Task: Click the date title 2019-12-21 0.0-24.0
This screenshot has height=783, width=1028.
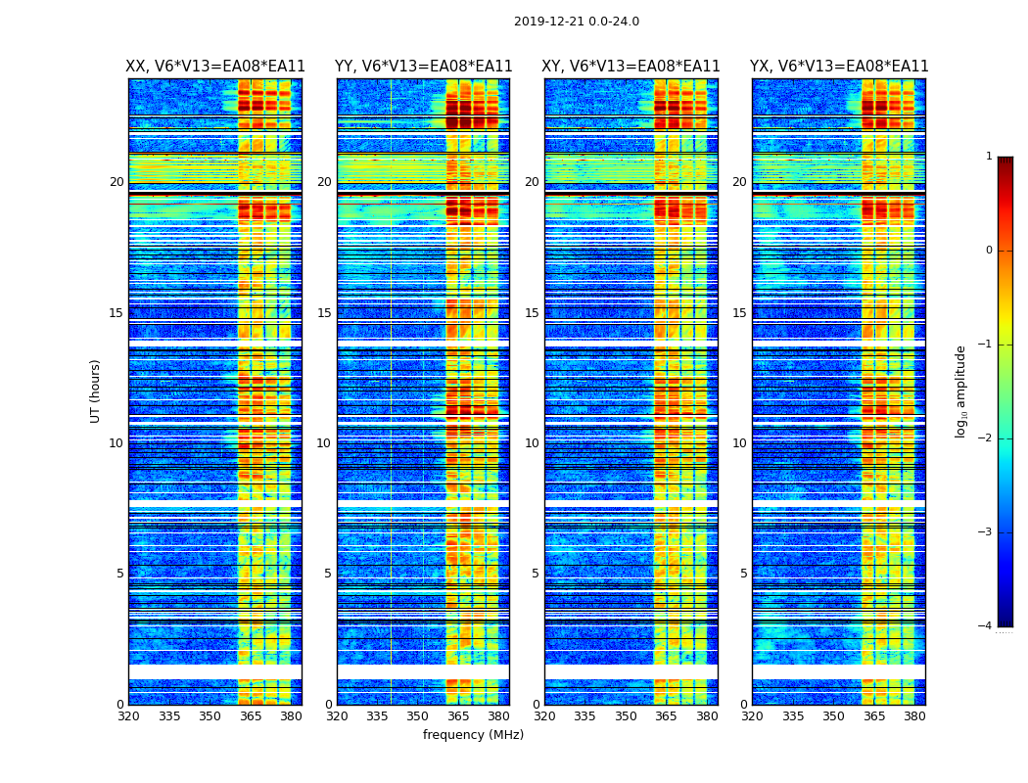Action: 576,22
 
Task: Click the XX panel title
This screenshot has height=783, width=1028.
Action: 215,67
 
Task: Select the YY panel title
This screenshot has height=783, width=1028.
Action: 423,67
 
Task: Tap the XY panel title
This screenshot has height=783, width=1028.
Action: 631,67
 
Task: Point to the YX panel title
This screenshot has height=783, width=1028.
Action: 839,67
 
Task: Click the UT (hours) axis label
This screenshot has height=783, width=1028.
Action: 95,391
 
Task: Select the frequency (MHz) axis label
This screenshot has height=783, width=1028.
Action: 473,735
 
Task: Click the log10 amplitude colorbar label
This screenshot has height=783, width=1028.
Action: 961,391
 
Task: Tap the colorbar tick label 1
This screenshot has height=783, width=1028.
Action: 988,157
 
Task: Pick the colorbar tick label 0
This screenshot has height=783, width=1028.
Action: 988,251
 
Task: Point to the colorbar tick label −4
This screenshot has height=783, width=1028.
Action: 985,626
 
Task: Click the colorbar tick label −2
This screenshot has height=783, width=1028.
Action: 985,438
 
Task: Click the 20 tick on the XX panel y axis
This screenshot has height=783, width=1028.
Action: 117,182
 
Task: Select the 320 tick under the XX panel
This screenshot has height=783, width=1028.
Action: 128,716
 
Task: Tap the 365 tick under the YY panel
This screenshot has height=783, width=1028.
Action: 458,716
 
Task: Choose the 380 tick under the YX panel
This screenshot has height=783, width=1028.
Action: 914,716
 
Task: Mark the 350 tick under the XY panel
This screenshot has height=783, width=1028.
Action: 626,716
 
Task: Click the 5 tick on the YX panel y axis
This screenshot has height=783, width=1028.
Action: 743,574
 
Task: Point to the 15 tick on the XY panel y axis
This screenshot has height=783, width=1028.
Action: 532,313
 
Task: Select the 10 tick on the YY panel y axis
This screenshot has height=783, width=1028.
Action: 324,443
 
